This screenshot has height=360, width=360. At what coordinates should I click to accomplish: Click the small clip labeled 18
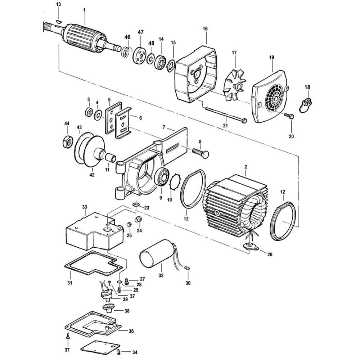305,105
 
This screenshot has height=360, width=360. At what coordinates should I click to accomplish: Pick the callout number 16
205,29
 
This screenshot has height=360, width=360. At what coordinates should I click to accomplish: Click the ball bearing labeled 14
160,63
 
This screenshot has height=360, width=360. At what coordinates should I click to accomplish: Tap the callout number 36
131,331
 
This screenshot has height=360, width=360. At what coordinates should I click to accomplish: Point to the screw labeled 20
289,116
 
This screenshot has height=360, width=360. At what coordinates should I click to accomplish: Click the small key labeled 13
59,21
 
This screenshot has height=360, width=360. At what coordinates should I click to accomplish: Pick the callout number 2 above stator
246,167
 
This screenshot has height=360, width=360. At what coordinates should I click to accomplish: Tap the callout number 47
140,32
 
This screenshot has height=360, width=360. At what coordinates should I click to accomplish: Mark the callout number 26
270,255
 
